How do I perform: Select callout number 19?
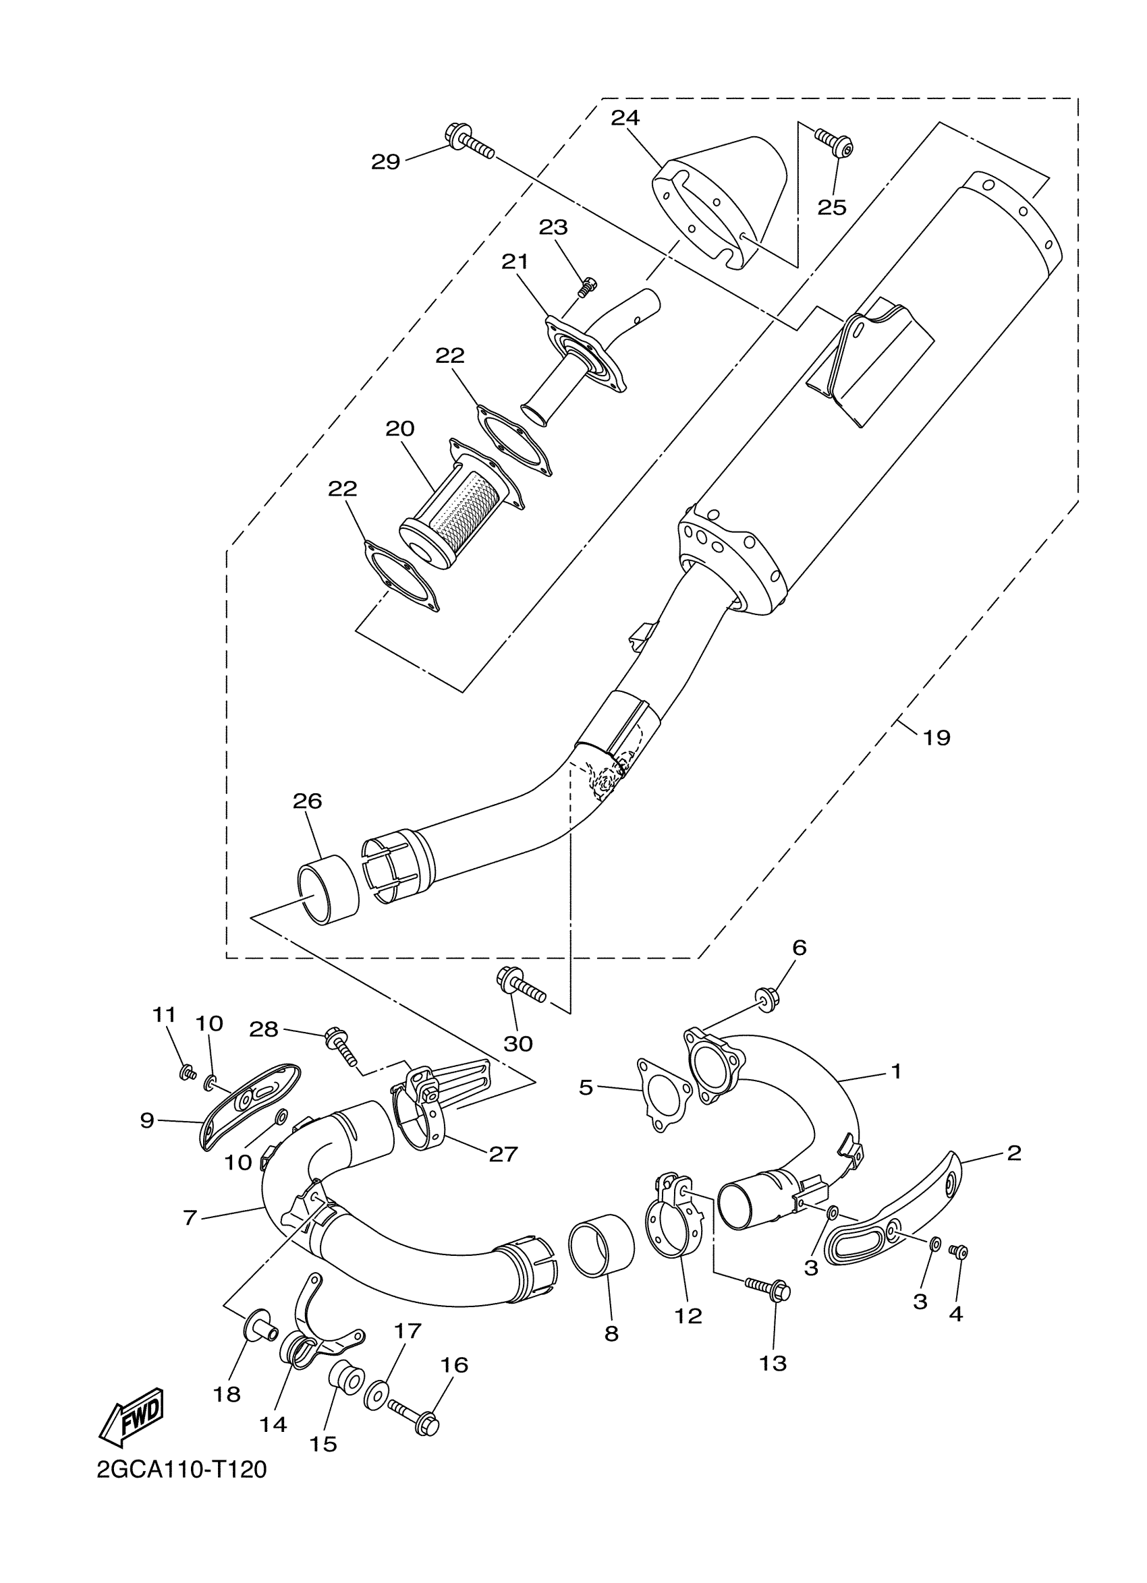tap(936, 737)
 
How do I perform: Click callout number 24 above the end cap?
tap(625, 118)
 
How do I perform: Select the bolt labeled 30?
tap(520, 985)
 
